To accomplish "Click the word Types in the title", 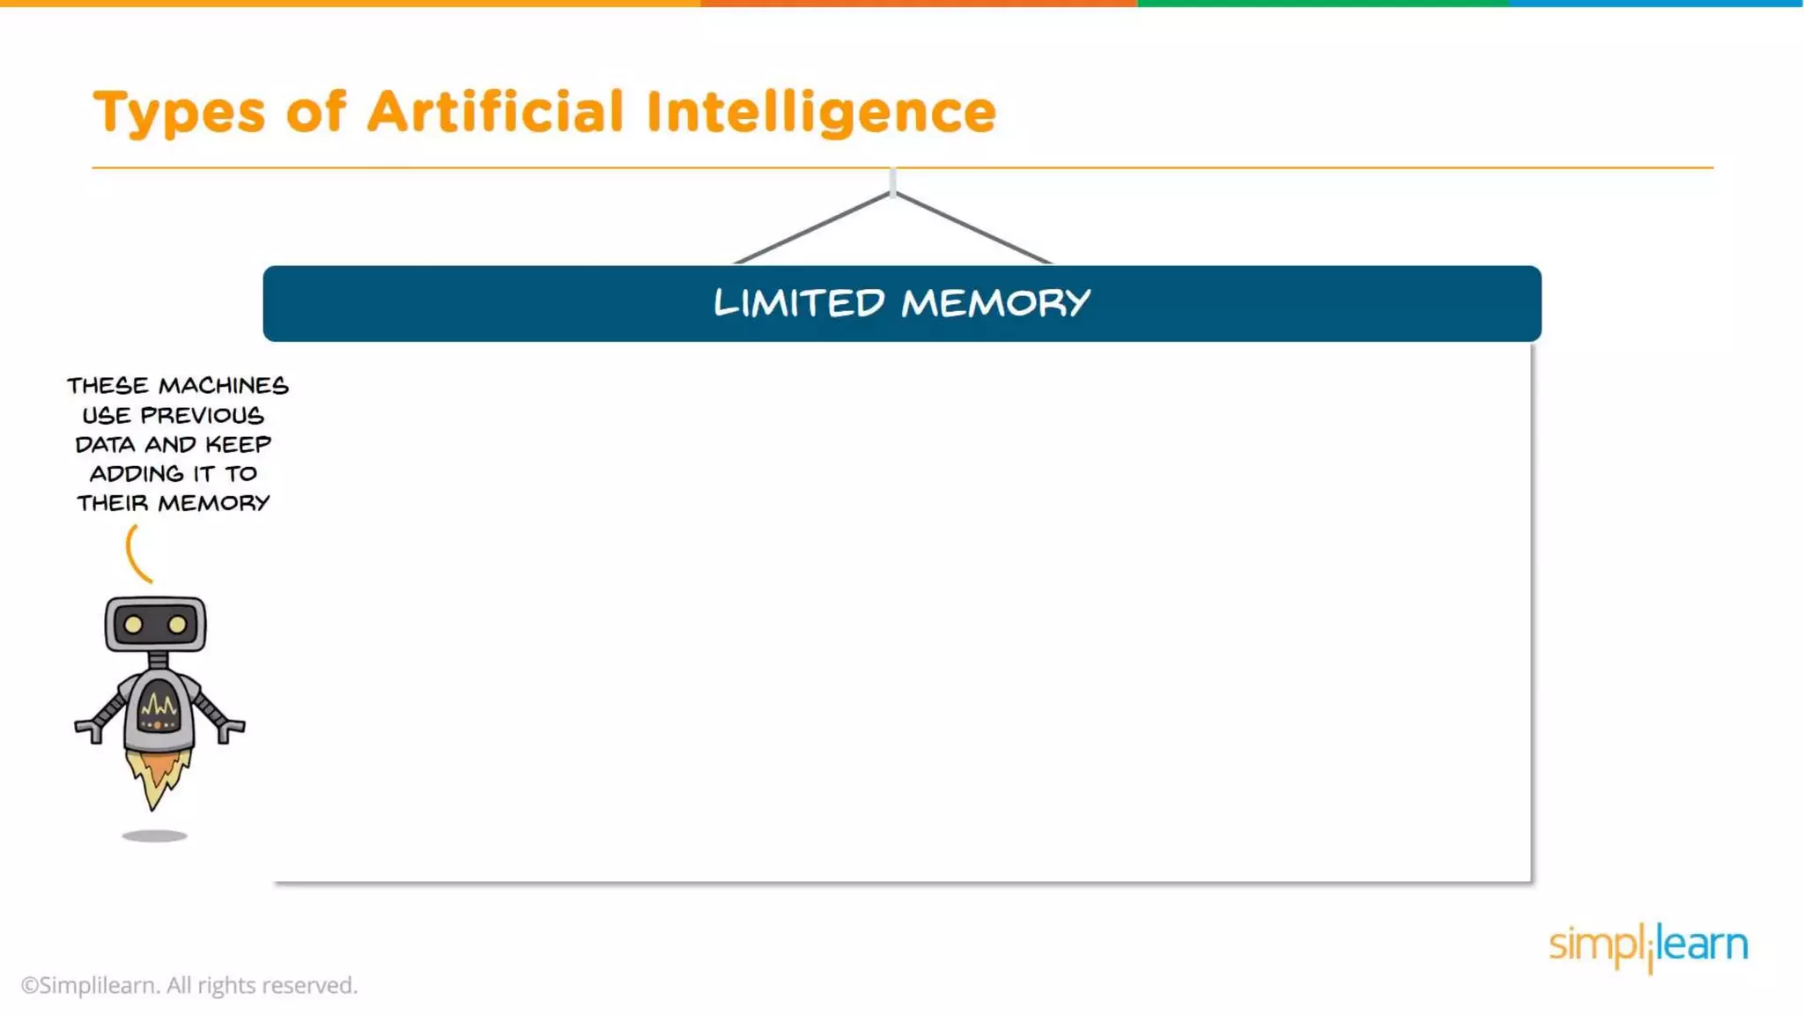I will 179,113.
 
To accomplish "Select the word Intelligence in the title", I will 820,113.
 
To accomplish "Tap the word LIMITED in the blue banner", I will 798,303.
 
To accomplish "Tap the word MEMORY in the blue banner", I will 995,303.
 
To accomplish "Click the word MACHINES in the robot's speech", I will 223,386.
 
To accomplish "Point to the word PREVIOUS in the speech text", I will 202,415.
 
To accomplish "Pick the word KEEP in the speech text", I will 238,444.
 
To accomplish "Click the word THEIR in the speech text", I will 112,503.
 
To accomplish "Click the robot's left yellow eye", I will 133,625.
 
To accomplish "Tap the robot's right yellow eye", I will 178,625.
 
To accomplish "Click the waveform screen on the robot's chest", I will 159,705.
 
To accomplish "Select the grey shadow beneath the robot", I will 154,836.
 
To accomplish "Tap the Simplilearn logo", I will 1647,945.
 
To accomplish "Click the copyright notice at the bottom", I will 189,985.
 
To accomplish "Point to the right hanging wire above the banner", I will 973,227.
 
